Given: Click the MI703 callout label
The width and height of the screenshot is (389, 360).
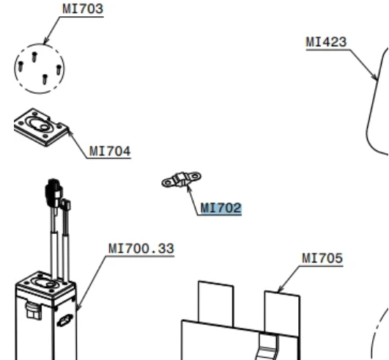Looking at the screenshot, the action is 83,9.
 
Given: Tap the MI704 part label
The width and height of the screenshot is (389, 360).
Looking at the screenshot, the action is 110,151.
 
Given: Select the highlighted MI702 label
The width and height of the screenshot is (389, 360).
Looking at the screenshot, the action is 221,208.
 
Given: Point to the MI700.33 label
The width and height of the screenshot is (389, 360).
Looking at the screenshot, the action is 141,249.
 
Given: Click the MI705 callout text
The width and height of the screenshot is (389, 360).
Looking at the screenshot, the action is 322,258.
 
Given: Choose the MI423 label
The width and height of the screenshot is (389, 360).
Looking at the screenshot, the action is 326,42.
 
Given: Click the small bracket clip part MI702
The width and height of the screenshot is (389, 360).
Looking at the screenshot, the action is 182,179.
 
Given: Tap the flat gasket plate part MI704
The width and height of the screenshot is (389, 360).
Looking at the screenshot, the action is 42,127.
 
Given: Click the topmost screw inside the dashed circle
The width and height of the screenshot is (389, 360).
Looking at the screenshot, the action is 34,57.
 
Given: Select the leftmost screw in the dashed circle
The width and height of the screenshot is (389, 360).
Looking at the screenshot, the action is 21,67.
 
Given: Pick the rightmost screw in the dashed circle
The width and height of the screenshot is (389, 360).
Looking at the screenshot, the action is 59,70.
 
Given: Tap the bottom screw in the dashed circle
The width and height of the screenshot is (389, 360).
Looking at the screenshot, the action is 45,79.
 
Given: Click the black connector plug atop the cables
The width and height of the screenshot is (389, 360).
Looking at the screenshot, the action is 53,192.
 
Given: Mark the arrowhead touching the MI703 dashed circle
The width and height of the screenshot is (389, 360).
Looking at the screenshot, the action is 45,41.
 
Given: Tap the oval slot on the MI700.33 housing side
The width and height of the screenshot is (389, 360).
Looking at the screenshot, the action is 64,320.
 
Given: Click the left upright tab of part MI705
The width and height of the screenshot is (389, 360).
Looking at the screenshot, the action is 216,304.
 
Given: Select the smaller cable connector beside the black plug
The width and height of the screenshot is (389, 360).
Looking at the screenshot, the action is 66,205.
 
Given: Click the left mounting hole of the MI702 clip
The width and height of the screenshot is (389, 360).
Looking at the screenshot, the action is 168,183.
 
